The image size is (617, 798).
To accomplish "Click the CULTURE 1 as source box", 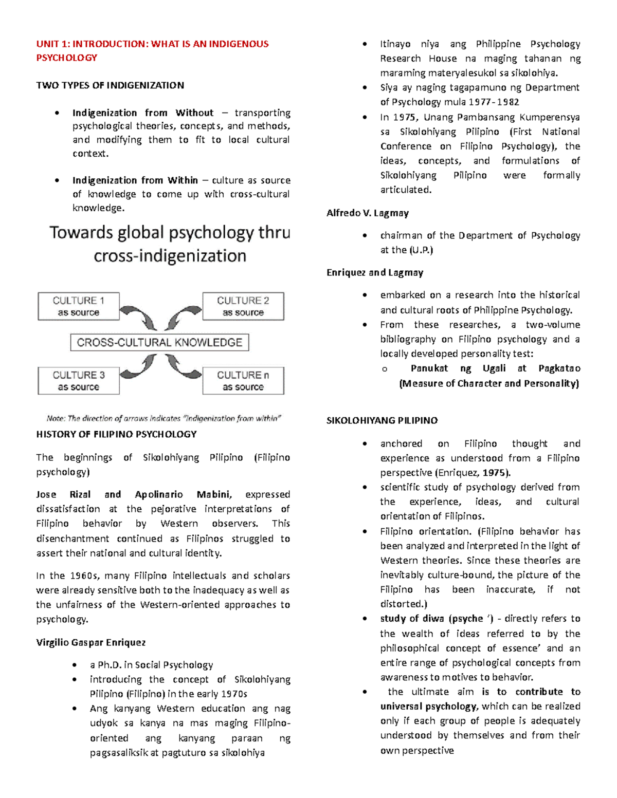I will [x=78, y=306].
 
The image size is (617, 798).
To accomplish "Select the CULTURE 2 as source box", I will [x=243, y=306].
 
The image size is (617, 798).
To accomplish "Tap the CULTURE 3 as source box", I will [x=78, y=381].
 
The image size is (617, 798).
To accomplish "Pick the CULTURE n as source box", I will [x=243, y=381].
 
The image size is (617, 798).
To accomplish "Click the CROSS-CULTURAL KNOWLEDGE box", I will [x=159, y=342].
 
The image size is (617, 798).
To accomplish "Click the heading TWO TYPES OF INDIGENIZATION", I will [x=110, y=85].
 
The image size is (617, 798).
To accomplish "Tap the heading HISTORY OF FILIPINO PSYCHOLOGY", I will [x=116, y=434].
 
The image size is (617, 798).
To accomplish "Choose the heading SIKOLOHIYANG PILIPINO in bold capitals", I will [x=382, y=420].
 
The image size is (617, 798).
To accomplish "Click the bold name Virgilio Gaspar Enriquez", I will [x=91, y=642].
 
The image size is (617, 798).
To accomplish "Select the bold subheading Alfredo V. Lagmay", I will [x=368, y=213].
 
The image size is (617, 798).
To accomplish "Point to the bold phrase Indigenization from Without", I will [x=142, y=113].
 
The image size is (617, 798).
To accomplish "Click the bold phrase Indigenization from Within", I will [x=135, y=180].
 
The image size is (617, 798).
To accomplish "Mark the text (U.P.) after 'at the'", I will [x=421, y=250].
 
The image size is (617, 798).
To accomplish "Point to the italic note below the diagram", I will [x=164, y=418].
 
